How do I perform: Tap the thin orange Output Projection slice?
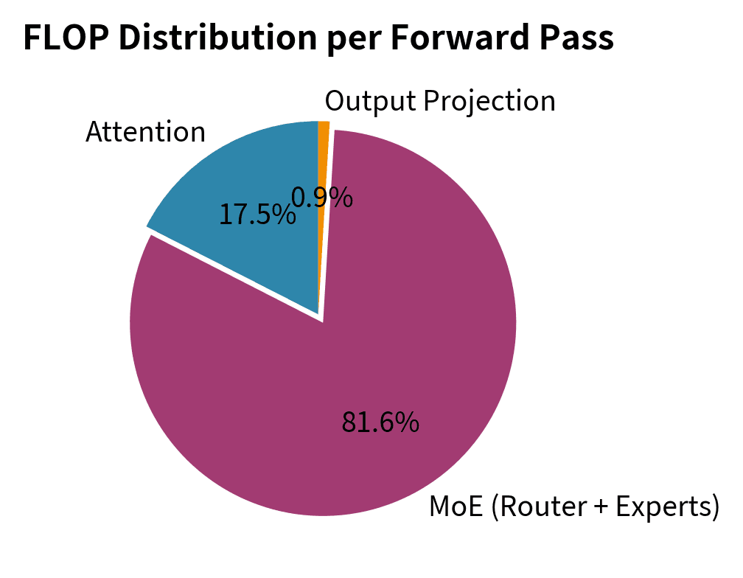pos(323,147)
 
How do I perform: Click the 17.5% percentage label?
pos(257,215)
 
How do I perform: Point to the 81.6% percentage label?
pos(380,422)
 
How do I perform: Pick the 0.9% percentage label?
pos(322,197)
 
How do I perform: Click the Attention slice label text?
pos(145,132)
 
